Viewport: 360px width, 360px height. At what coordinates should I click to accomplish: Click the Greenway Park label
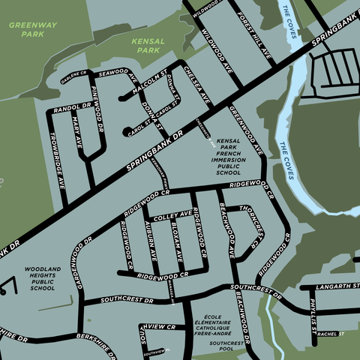32,29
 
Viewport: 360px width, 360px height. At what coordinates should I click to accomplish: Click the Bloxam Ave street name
178,241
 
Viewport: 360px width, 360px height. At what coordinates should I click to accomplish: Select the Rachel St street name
329,334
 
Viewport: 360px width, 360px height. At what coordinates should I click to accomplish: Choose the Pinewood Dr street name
97,109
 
